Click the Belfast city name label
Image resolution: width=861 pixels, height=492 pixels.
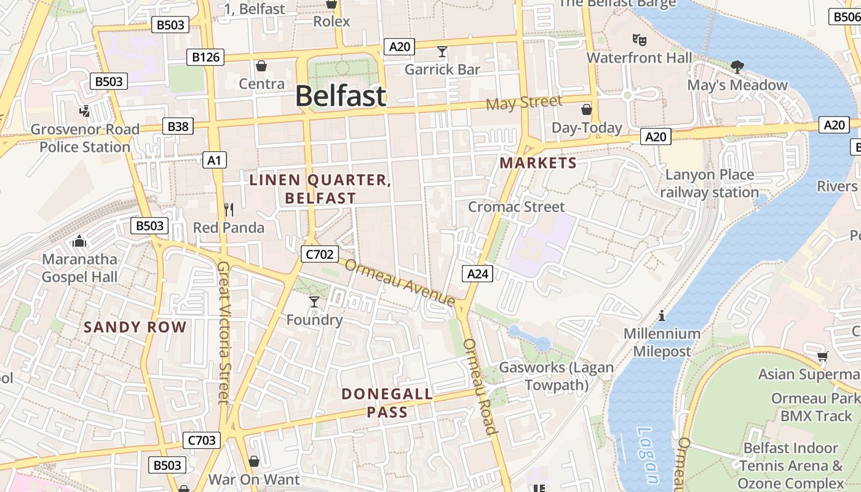pyautogui.click(x=341, y=97)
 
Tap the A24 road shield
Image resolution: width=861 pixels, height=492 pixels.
pyautogui.click(x=477, y=274)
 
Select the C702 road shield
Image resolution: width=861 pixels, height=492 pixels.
pyautogui.click(x=319, y=253)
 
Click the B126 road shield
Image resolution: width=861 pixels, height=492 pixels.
pyautogui.click(x=205, y=57)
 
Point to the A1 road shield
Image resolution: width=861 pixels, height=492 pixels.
pyautogui.click(x=214, y=161)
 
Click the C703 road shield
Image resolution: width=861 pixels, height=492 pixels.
pyautogui.click(x=201, y=440)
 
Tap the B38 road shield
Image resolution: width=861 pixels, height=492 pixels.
pyautogui.click(x=178, y=127)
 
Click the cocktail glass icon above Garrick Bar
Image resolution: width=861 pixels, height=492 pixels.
pyautogui.click(x=442, y=51)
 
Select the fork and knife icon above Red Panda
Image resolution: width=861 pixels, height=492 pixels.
pyautogui.click(x=229, y=210)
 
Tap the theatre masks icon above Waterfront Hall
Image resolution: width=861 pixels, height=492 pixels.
pyautogui.click(x=640, y=40)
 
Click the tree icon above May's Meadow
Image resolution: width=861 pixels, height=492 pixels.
pyautogui.click(x=737, y=67)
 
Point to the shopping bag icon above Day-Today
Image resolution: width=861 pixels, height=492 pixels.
pyautogui.click(x=587, y=110)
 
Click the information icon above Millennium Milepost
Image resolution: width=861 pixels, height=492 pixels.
pyautogui.click(x=662, y=315)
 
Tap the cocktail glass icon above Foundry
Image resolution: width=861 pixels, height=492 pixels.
pyautogui.click(x=314, y=301)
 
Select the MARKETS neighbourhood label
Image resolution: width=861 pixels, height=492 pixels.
pyautogui.click(x=538, y=163)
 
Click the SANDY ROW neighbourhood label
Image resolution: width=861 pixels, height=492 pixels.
pyautogui.click(x=135, y=327)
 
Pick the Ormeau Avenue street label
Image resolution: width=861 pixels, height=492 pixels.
pyautogui.click(x=400, y=282)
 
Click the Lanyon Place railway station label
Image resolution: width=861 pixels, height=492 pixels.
pyautogui.click(x=709, y=183)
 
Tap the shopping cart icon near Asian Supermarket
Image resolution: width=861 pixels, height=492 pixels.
pyautogui.click(x=822, y=356)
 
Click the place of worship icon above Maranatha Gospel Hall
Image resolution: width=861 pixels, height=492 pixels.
pyautogui.click(x=79, y=240)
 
